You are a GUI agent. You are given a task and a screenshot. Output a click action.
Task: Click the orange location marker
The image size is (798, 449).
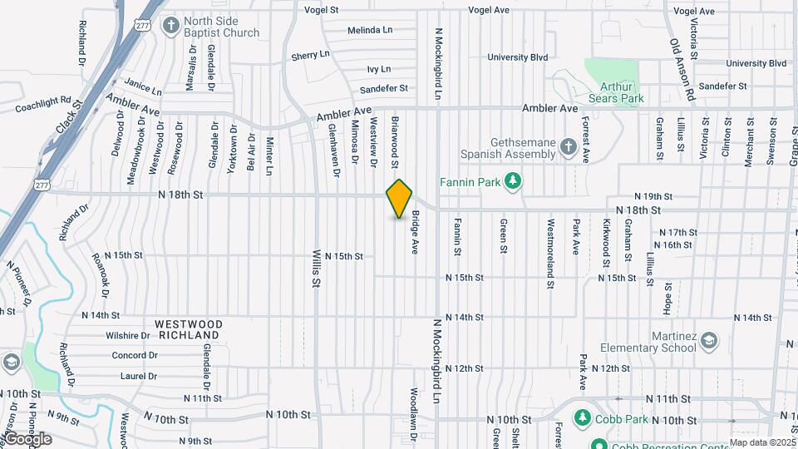click(x=399, y=199)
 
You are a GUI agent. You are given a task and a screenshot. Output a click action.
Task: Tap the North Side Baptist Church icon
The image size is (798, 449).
click(x=170, y=25)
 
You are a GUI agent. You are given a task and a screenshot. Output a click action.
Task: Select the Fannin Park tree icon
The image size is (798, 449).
click(x=514, y=180)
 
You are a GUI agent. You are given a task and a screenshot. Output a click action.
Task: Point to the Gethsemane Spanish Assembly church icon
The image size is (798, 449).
click(x=569, y=148)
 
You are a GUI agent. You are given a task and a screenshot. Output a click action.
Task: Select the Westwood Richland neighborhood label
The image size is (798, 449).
click(x=188, y=329)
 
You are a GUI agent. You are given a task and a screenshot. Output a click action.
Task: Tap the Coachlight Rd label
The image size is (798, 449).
click(x=44, y=106)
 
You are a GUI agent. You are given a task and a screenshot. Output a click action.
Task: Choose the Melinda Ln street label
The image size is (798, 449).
click(x=370, y=30)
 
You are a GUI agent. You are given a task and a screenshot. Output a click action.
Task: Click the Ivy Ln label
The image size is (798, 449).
click(x=378, y=69)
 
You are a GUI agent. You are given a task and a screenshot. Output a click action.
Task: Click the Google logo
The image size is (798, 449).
click(x=27, y=438)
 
